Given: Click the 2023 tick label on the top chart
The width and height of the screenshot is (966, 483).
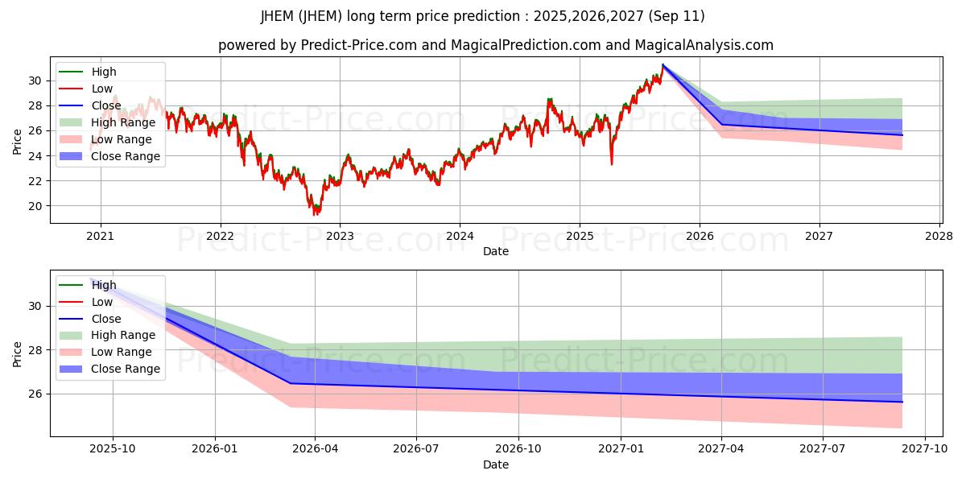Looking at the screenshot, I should (340, 236).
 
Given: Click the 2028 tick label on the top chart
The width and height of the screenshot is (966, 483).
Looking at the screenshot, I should (939, 236).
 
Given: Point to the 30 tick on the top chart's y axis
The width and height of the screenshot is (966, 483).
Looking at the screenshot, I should (34, 80).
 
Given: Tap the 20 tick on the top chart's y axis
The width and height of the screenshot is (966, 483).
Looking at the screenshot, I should (34, 206).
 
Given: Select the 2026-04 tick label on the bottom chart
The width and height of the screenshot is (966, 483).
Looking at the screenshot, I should (314, 449).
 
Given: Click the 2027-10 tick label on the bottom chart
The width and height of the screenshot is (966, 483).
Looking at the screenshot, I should (925, 449).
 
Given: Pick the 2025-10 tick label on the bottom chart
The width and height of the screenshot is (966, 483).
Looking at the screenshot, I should (112, 449).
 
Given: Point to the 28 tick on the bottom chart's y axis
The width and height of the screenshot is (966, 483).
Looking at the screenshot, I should (34, 350).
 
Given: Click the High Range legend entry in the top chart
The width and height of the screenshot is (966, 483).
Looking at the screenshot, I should (123, 122).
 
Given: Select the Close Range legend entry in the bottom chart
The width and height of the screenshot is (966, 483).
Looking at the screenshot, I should (126, 369).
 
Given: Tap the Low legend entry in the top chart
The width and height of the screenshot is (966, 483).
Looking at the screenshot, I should (102, 89).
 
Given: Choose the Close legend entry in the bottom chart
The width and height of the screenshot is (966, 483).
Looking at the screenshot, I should (106, 319).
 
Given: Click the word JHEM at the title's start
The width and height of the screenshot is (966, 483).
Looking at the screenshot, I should (278, 16).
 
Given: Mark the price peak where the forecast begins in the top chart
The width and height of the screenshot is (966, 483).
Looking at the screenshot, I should (663, 64).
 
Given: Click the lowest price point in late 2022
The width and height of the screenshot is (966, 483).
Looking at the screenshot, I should (315, 214).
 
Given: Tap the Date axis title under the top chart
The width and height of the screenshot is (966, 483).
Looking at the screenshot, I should (495, 251).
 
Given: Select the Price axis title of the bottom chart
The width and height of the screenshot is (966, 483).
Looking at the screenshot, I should (17, 354).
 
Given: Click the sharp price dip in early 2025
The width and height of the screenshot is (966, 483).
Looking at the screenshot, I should (611, 164).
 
